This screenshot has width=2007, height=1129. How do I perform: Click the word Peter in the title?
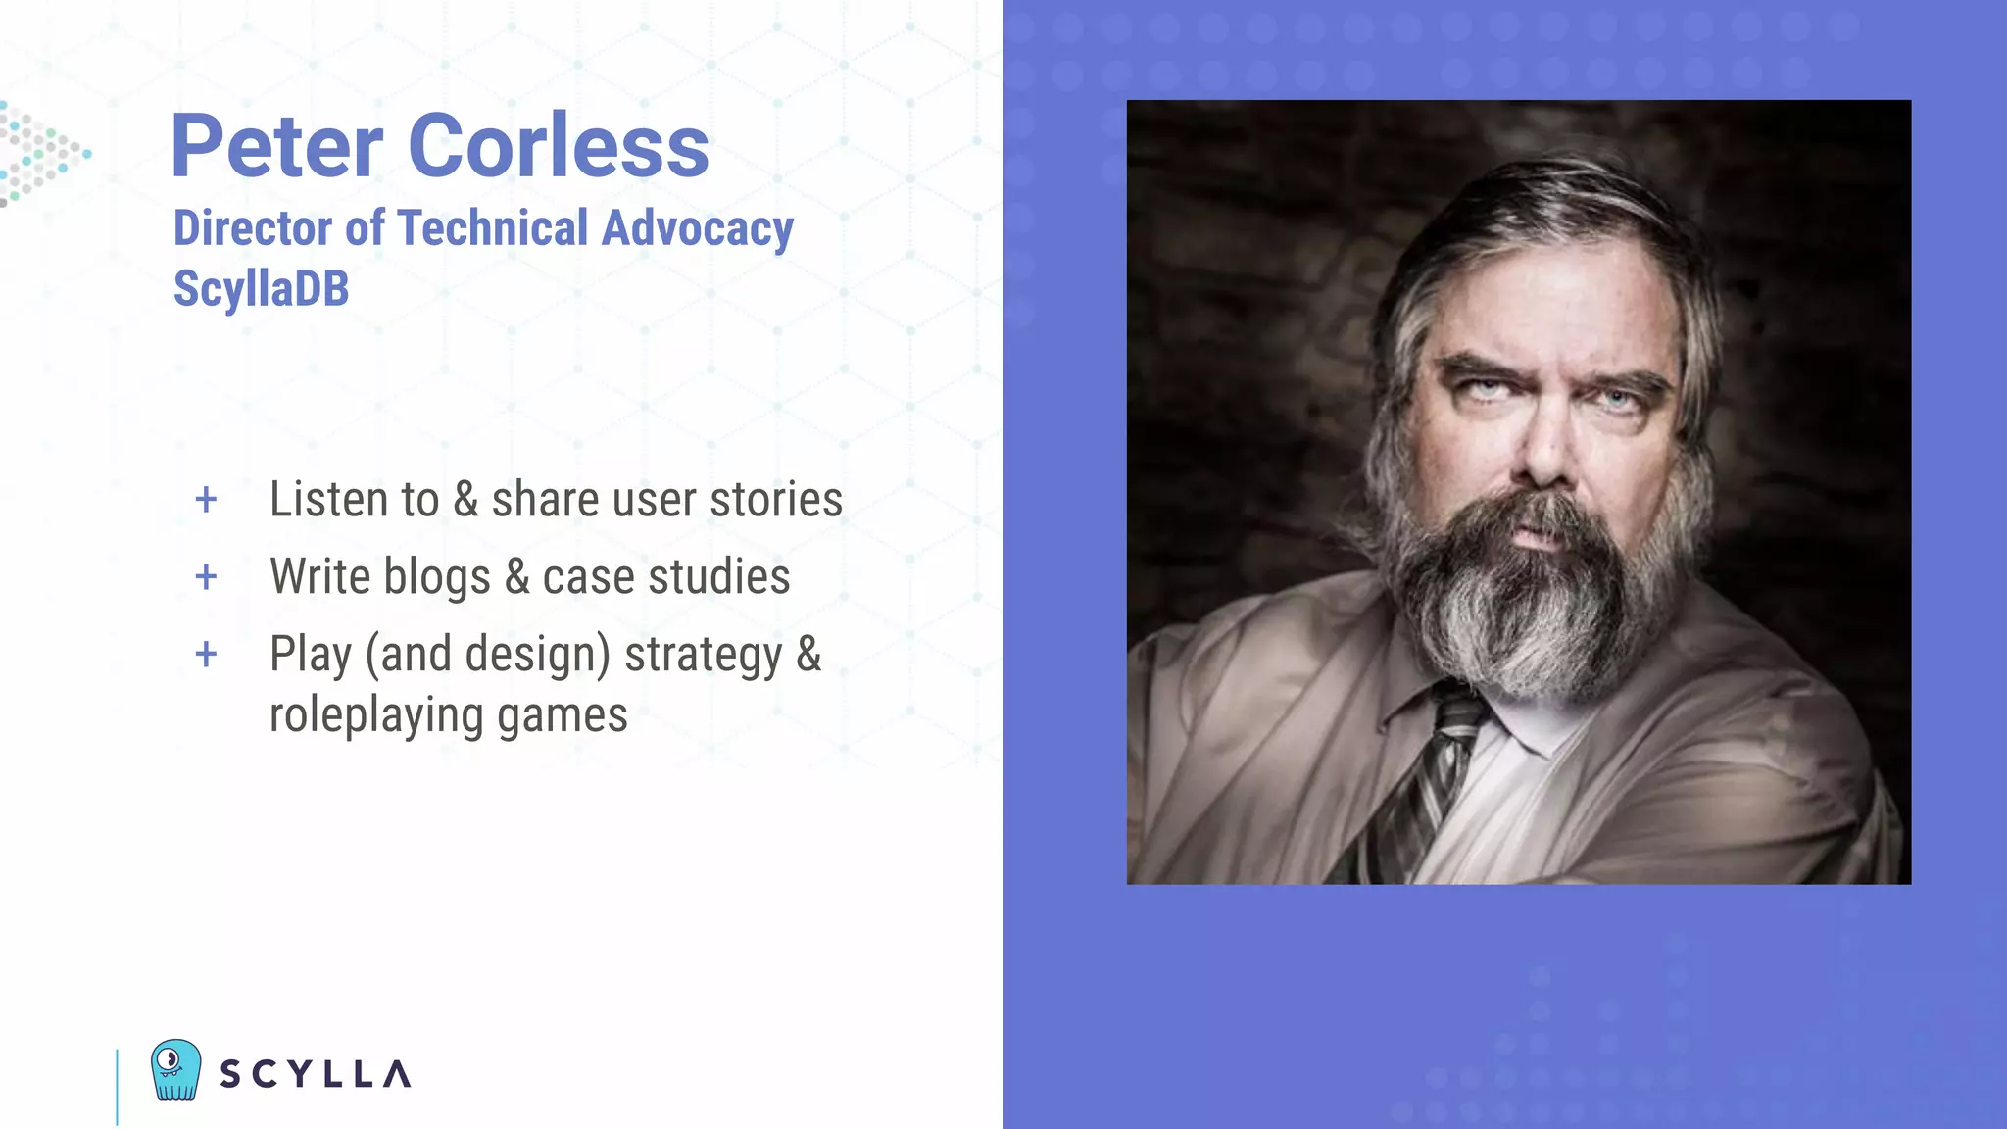tap(277, 146)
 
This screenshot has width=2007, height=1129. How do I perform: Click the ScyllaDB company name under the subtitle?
tap(261, 289)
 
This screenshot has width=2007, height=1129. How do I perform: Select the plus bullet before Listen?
tap(206, 500)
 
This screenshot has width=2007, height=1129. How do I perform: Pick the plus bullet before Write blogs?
tap(206, 577)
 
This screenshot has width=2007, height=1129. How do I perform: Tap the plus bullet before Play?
tap(206, 654)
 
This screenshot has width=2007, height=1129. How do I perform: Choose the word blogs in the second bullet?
tap(437, 578)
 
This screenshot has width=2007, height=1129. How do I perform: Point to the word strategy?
tap(703, 656)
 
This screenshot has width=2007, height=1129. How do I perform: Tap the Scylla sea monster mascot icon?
tap(176, 1069)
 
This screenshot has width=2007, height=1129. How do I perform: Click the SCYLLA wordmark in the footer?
tap(315, 1074)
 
